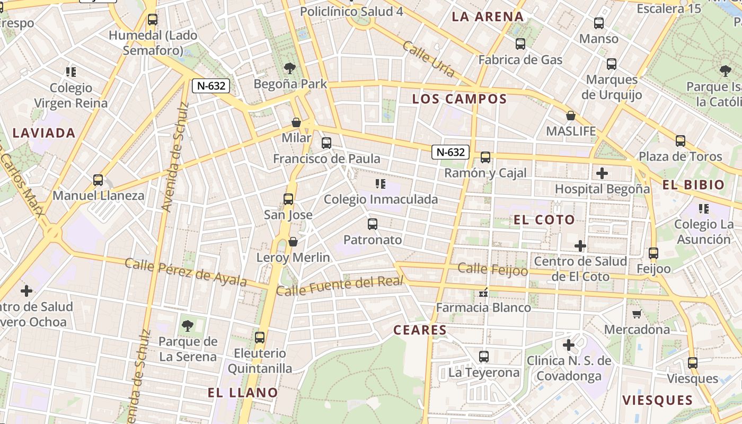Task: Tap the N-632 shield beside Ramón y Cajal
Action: pyautogui.click(x=450, y=152)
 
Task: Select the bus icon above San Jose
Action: pyautogui.click(x=288, y=199)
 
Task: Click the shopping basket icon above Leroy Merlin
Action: pyautogui.click(x=293, y=242)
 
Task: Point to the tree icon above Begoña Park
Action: pyautogui.click(x=289, y=68)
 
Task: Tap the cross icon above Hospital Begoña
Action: pyautogui.click(x=602, y=173)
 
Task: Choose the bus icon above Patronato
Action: pyautogui.click(x=373, y=224)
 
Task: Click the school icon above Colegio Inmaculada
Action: pyautogui.click(x=380, y=184)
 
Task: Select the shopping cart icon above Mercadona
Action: pyautogui.click(x=637, y=314)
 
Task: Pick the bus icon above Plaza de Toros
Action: pyautogui.click(x=681, y=141)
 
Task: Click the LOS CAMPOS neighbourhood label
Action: pyautogui.click(x=460, y=99)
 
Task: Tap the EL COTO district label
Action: pyautogui.click(x=544, y=219)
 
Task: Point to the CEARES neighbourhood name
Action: pyautogui.click(x=420, y=330)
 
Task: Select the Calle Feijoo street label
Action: pyautogui.click(x=493, y=269)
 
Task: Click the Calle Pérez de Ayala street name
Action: pyautogui.click(x=186, y=271)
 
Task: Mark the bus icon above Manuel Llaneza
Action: pyautogui.click(x=98, y=180)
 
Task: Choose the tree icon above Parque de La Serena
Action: pyautogui.click(x=187, y=325)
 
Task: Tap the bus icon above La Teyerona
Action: pyautogui.click(x=484, y=357)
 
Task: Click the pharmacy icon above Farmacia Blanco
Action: pyautogui.click(x=483, y=292)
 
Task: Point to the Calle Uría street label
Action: pyautogui.click(x=428, y=59)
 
